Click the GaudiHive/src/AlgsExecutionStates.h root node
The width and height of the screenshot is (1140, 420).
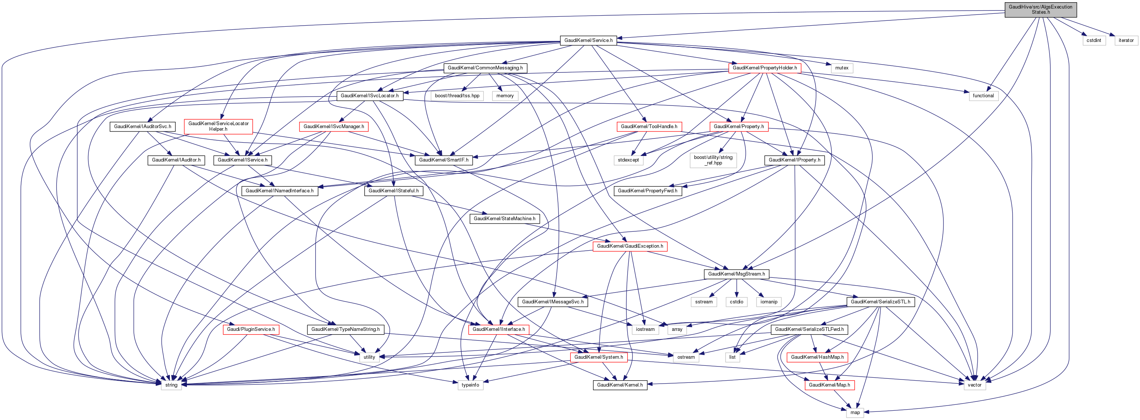pyautogui.click(x=1040, y=9)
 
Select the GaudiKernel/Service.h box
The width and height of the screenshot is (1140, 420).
pyautogui.click(x=588, y=40)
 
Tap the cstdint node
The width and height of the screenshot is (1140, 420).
pyautogui.click(x=1094, y=40)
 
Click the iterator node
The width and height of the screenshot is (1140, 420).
pyautogui.click(x=1126, y=40)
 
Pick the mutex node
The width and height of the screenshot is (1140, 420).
pyautogui.click(x=841, y=68)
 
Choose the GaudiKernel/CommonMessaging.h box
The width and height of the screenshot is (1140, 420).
pyautogui.click(x=485, y=68)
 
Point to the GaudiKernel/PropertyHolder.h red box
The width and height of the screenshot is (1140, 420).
pyautogui.click(x=764, y=68)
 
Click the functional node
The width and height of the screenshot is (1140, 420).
pyautogui.click(x=983, y=95)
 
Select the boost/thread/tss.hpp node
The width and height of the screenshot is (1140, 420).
pyautogui.click(x=457, y=95)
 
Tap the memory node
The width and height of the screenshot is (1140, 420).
pyautogui.click(x=505, y=95)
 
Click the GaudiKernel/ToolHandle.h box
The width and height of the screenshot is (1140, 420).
pyautogui.click(x=649, y=126)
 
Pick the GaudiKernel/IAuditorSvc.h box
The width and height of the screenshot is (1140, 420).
pyautogui.click(x=143, y=126)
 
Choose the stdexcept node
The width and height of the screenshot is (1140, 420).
pyautogui.click(x=628, y=160)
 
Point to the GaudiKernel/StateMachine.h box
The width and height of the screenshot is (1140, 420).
pyautogui.click(x=504, y=218)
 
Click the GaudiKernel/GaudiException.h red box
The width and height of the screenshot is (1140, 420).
pyautogui.click(x=630, y=246)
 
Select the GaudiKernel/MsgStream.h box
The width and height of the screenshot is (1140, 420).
pyautogui.click(x=736, y=274)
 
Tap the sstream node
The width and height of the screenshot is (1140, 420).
pyautogui.click(x=704, y=302)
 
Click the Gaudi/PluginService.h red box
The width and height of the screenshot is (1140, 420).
pyautogui.click(x=251, y=329)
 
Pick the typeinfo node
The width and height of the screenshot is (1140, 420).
pyautogui.click(x=470, y=385)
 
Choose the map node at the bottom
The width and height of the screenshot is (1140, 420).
pyautogui.click(x=855, y=413)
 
